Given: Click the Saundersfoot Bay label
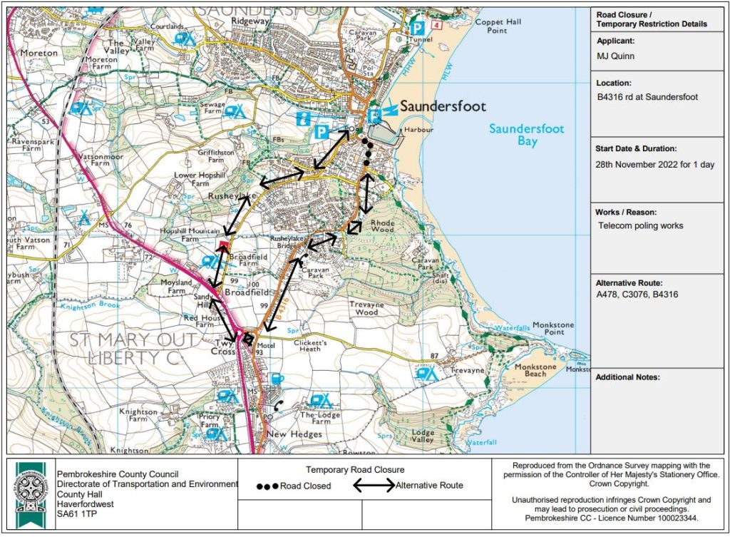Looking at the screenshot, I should [526, 135].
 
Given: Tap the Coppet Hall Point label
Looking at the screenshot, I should [499, 26].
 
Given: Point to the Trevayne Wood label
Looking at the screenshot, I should [368, 309].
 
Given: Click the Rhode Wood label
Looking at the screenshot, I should [382, 225].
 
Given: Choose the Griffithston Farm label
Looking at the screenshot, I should [212, 156].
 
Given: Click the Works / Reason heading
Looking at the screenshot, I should [626, 213].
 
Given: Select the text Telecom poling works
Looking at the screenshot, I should [641, 226].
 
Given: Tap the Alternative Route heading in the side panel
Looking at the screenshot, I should [629, 282].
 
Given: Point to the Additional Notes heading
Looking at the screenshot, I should [627, 377].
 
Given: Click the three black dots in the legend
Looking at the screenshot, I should [268, 486].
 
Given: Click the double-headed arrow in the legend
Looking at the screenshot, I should [374, 486].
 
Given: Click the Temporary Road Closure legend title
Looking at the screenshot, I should [355, 470].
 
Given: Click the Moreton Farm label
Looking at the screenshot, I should [101, 63].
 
